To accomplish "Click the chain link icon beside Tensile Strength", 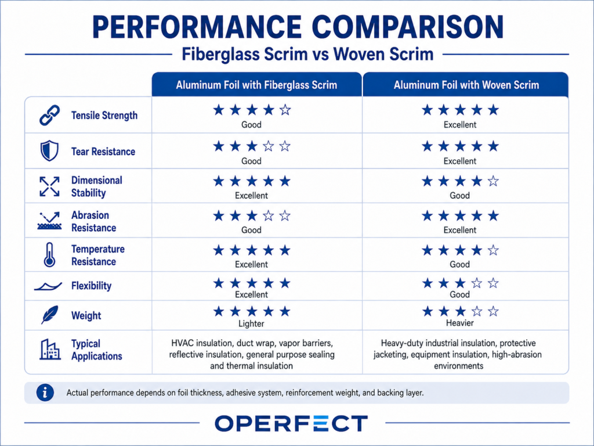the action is click(x=50, y=116).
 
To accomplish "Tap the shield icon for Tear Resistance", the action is click(x=50, y=151).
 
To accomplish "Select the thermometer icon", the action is click(x=49, y=255).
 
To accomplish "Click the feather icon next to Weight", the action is click(x=50, y=315).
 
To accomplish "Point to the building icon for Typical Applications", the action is click(x=50, y=349).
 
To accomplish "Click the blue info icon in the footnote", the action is click(x=45, y=393).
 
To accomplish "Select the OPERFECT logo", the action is click(x=291, y=423).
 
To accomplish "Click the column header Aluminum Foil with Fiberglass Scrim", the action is click(x=256, y=85).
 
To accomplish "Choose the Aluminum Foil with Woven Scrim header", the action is click(x=466, y=85).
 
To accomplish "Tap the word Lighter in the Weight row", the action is click(x=251, y=323).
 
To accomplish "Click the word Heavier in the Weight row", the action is click(x=459, y=323).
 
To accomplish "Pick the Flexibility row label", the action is click(x=91, y=286).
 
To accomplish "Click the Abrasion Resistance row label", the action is click(x=93, y=221).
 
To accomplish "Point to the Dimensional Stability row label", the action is click(x=97, y=186).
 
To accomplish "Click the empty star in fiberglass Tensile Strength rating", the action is click(x=285, y=110).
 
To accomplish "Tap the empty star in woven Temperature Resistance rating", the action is click(x=493, y=250).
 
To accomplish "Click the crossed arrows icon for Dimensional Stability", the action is click(x=50, y=186).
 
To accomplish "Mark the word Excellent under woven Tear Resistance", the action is click(x=460, y=161).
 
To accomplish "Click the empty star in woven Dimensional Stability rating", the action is click(x=493, y=181).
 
